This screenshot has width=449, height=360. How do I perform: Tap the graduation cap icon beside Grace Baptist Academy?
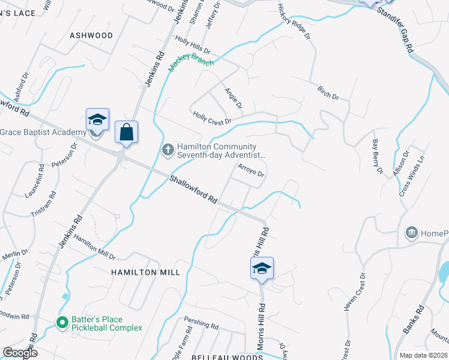97,119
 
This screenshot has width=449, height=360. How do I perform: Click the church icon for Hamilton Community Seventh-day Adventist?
168,151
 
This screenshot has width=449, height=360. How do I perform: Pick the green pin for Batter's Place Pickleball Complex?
61,323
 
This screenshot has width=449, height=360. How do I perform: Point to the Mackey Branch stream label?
191,62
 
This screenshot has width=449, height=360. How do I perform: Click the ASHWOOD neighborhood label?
91,35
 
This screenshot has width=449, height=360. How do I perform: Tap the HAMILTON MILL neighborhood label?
145,272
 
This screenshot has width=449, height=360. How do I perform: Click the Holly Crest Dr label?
212,118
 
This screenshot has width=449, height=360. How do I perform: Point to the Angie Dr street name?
233,98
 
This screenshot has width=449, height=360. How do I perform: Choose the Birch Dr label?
328,92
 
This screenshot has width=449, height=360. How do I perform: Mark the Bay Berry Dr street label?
377,157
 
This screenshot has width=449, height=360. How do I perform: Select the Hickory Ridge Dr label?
294,21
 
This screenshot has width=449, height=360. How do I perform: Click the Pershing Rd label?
201,325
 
